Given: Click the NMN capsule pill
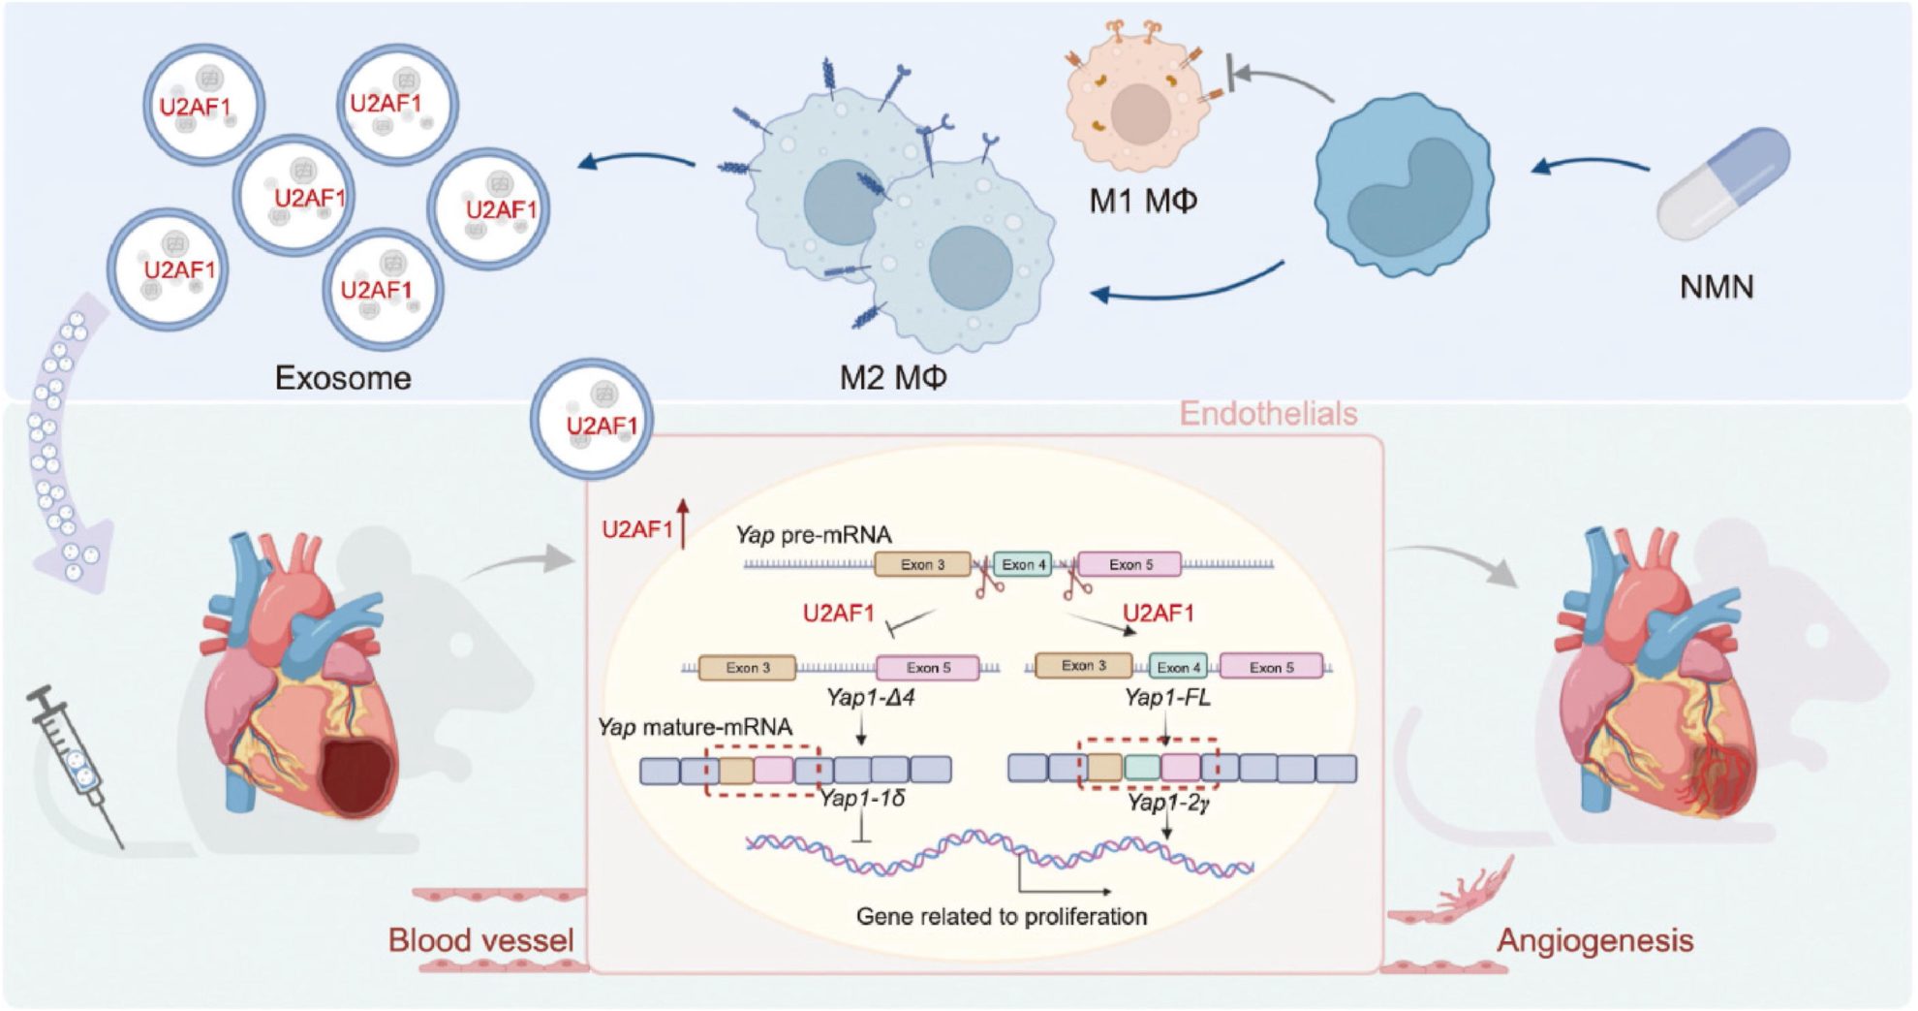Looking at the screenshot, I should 1723,183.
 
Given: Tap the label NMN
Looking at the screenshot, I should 1717,287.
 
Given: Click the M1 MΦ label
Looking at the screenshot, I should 1143,201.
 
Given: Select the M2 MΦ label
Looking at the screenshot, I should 892,377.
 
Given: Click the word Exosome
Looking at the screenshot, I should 343,377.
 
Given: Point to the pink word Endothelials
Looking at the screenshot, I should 1268,414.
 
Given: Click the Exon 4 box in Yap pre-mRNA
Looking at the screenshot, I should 1023,564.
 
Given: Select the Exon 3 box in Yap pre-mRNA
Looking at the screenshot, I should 922,564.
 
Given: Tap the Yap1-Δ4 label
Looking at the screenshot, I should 871,697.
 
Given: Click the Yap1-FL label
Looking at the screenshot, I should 1167,697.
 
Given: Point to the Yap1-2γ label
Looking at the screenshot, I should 1167,803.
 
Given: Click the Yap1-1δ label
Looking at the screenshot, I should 863,799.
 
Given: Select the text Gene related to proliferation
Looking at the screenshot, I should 1002,916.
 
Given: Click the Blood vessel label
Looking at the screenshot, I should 480,939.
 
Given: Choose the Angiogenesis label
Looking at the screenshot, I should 1594,939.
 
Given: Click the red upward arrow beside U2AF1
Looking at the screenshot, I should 683,523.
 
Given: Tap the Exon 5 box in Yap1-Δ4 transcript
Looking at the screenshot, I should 928,667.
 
